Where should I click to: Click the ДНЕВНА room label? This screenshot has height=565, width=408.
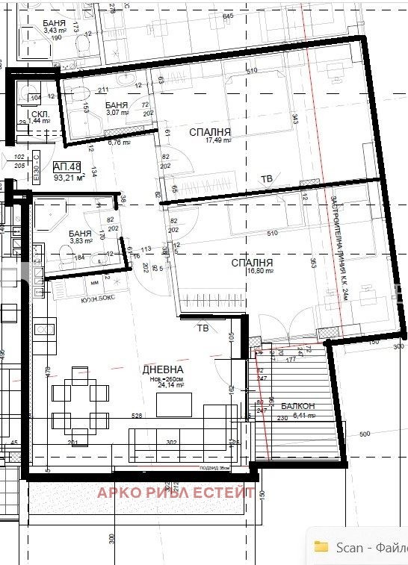(163, 369)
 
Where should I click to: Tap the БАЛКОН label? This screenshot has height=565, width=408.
(298, 406)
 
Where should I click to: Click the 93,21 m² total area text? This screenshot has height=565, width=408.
(68, 178)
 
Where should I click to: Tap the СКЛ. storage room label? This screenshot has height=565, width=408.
(41, 114)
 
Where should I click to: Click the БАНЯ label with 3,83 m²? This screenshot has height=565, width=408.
(80, 232)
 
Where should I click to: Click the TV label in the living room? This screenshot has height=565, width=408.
(203, 328)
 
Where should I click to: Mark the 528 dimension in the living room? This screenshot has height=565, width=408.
(137, 415)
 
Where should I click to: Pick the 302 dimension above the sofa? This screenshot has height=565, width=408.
(170, 442)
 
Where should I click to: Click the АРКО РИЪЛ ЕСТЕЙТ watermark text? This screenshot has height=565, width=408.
(176, 492)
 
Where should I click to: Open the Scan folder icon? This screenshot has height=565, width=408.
(321, 546)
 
